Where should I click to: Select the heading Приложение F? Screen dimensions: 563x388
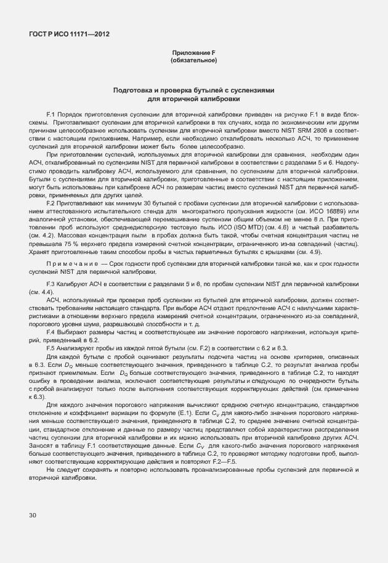point(193,54)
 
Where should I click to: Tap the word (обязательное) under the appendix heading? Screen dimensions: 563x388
point(193,60)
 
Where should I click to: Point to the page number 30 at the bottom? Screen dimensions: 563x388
point(33,515)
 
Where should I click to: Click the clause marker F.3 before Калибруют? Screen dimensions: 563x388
point(52,284)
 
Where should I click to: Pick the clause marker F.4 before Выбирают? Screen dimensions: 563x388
point(52,332)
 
